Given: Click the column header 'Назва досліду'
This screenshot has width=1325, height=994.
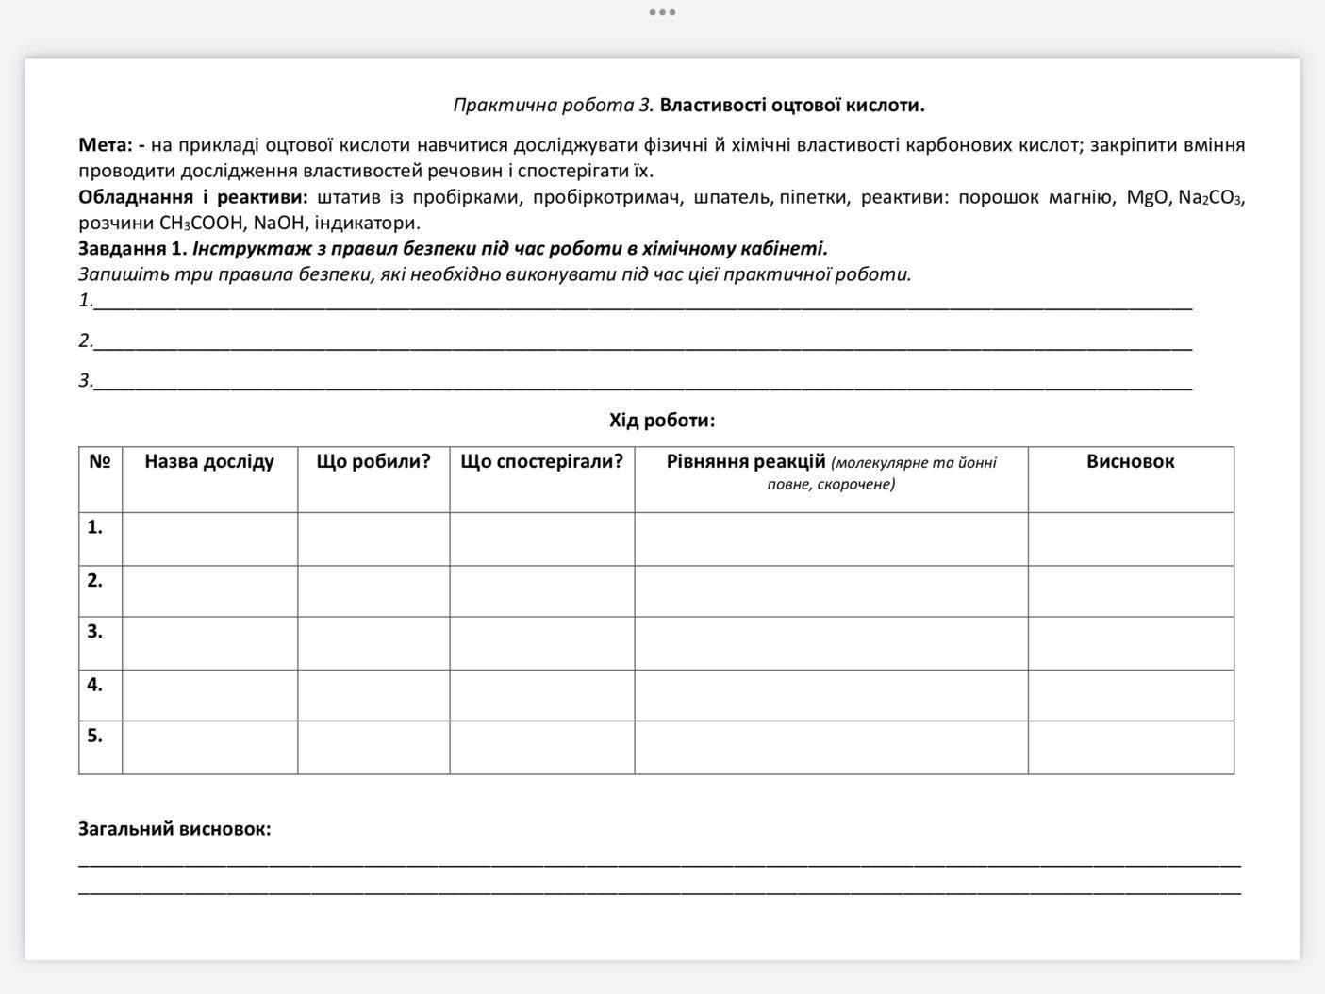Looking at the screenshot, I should point(209,462).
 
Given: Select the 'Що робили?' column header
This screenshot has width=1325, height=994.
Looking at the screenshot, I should point(373,462).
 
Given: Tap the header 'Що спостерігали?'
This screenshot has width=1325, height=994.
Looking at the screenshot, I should point(541,462).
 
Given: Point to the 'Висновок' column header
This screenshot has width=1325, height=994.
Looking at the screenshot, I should point(1130,462).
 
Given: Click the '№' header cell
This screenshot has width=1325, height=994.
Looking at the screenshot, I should point(100,462).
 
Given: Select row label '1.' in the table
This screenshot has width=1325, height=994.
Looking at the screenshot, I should point(95,527).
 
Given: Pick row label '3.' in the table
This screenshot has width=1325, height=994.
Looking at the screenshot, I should point(95,631).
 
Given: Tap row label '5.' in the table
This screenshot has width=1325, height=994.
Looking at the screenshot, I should point(95,736).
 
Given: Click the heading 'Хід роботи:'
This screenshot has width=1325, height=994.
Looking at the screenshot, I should point(662,421).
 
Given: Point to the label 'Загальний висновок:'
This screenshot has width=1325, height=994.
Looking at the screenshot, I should point(174,829).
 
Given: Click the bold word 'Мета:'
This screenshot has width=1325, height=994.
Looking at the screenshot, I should point(106,145).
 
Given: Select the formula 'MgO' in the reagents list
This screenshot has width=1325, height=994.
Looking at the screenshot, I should point(1148,198).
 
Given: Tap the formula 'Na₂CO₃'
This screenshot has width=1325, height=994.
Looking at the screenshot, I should point(1211,198).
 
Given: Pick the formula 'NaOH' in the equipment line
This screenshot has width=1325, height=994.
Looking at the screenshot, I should point(278,224).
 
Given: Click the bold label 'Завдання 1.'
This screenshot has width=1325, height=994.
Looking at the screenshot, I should point(133,249).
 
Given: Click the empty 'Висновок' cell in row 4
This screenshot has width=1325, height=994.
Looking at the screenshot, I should point(1130,695).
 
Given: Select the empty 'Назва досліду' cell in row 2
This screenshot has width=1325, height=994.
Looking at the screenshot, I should point(209,591).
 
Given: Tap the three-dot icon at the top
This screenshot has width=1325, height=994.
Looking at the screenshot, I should point(662,12).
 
